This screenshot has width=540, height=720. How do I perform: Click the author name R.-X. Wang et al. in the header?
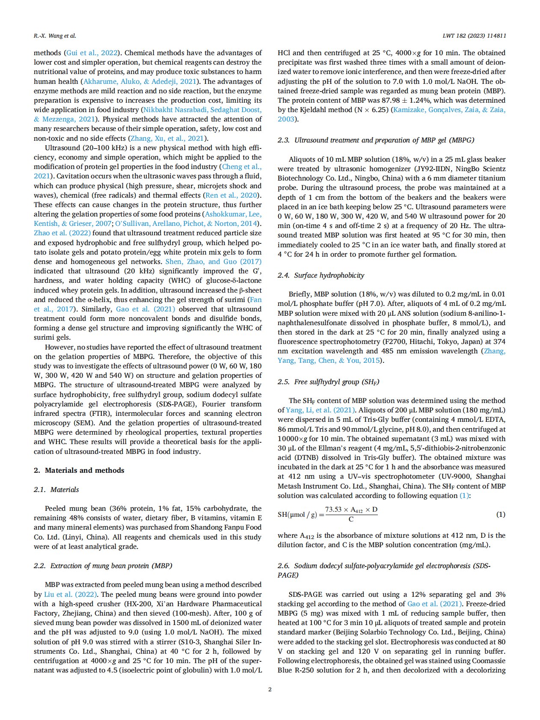[x=55, y=36]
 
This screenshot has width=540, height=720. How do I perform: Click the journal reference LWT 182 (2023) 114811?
[x=474, y=36]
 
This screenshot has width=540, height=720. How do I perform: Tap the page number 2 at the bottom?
[x=270, y=689]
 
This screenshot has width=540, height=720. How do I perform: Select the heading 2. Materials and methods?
[x=79, y=470]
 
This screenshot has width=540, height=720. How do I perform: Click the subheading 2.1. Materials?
[x=56, y=489]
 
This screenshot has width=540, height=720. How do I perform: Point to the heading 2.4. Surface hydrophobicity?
[x=320, y=275]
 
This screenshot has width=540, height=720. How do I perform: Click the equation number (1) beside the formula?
[x=500, y=514]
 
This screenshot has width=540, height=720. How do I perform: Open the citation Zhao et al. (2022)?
[x=62, y=233]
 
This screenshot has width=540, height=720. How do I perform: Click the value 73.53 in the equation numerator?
[x=334, y=509]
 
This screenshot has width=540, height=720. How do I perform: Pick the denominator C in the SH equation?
[x=351, y=519]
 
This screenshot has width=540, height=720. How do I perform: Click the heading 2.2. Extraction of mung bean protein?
[x=103, y=566]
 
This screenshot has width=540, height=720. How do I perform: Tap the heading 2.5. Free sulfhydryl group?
[x=328, y=382]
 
